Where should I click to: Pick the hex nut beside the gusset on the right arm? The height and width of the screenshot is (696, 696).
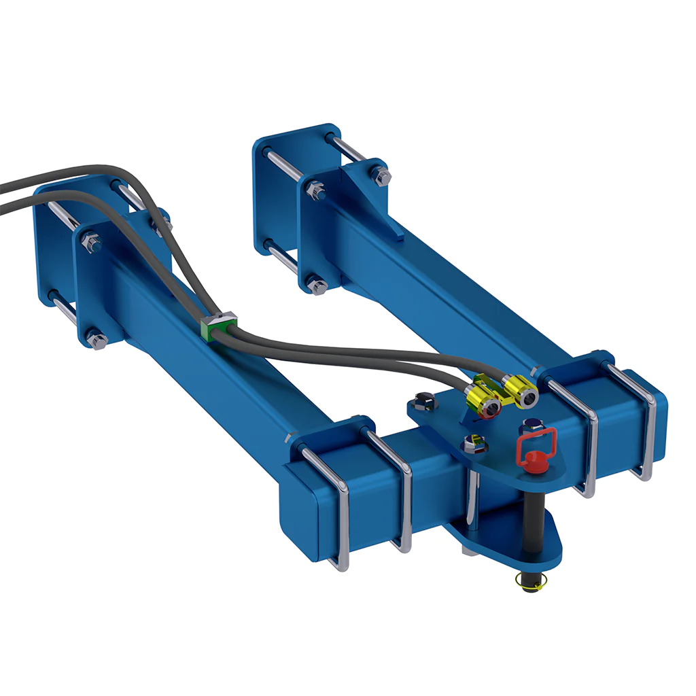[x=381, y=177]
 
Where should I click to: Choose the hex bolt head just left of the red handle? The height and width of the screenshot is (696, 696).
[x=474, y=445]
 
